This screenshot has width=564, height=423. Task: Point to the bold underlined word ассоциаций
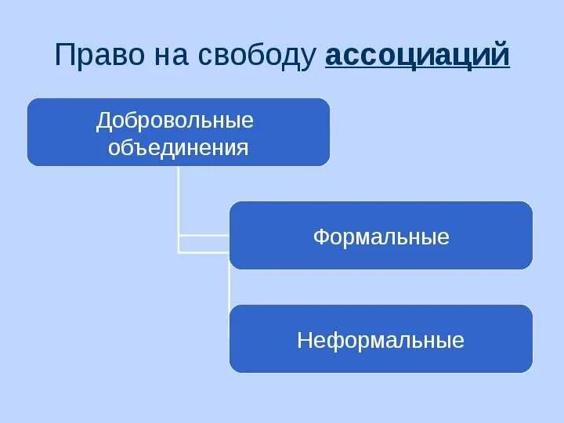(x=417, y=56)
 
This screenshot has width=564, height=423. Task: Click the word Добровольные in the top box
(x=175, y=121)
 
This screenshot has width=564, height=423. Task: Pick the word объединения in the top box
(x=178, y=147)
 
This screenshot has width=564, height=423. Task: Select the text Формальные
(x=381, y=237)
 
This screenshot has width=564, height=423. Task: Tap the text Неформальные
(x=381, y=340)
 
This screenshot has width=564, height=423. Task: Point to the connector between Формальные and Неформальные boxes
(x=230, y=287)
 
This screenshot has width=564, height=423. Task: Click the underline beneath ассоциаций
(x=417, y=69)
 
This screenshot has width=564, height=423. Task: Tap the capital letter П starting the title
(x=63, y=56)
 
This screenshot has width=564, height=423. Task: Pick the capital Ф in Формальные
(x=320, y=237)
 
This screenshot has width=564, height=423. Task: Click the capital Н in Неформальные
(x=304, y=340)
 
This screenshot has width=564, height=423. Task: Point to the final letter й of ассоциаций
(x=501, y=56)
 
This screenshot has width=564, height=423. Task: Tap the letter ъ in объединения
(x=139, y=147)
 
